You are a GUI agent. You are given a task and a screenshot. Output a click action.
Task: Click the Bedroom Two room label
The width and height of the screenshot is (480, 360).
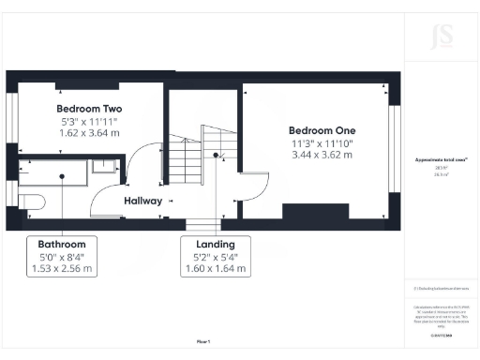pyautogui.click(x=89, y=109)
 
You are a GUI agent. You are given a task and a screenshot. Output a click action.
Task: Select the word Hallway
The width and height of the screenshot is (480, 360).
pyautogui.click(x=143, y=202)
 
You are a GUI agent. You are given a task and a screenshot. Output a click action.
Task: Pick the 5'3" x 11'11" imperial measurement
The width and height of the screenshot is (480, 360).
pyautogui.click(x=89, y=121)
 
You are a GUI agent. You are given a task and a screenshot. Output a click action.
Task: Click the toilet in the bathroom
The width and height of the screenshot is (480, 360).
pyautogui.click(x=33, y=202)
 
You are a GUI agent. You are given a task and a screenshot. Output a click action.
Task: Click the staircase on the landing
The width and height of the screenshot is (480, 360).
pyautogui.click(x=192, y=150)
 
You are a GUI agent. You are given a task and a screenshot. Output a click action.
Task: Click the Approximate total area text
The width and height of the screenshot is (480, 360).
pyautogui.click(x=441, y=160)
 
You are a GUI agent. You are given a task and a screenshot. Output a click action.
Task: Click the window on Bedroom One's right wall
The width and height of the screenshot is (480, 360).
pyautogui.click(x=394, y=156)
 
